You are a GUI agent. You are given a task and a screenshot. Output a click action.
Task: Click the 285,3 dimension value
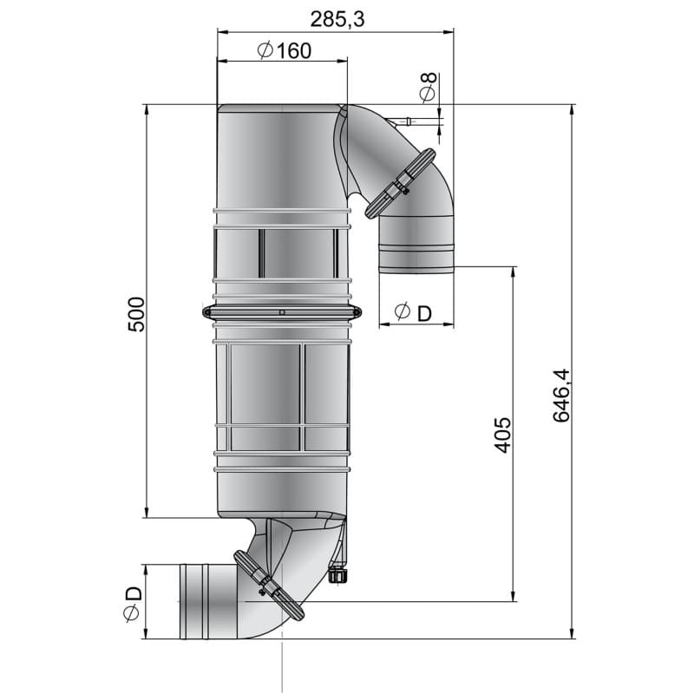[x=335, y=17]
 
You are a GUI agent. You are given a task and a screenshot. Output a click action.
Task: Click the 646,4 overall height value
[x=561, y=395]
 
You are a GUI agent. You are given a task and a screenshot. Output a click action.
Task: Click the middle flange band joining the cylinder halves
[x=283, y=311]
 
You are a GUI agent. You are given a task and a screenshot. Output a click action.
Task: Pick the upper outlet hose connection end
[x=416, y=259]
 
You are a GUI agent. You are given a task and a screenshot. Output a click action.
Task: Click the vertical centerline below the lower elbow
[x=283, y=664]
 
